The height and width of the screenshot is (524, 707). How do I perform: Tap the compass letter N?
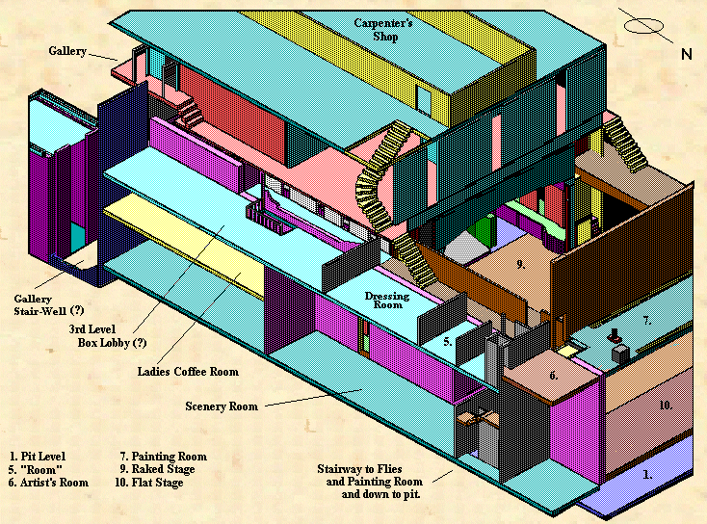pos(686,54)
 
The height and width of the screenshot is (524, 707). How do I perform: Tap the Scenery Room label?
pos(222,406)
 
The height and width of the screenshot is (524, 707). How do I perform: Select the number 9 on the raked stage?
pos(519,262)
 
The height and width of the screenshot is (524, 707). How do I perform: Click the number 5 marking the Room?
pos(448,341)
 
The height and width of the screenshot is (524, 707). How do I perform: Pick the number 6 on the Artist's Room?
pos(554,376)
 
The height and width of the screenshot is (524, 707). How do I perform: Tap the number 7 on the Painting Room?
pos(647,319)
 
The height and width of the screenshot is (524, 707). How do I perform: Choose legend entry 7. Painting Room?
pos(163,457)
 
